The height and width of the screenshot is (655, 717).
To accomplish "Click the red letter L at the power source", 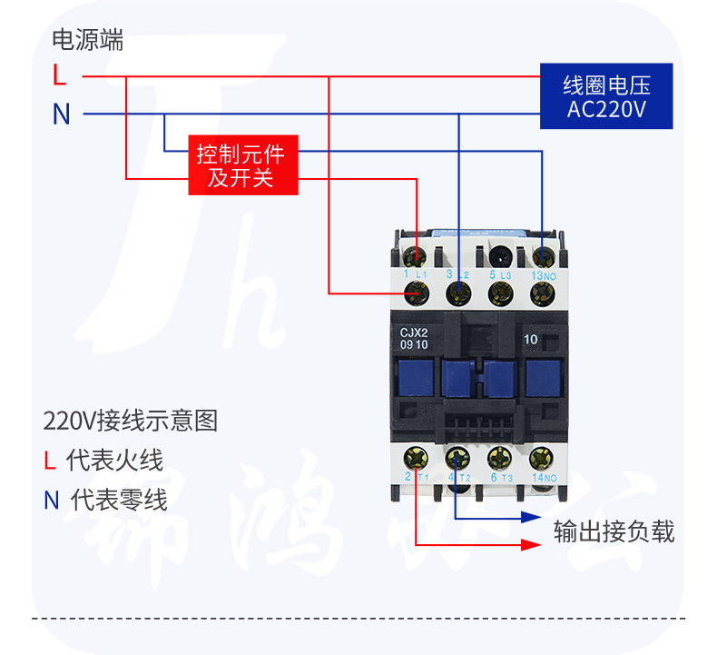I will (x=60, y=74).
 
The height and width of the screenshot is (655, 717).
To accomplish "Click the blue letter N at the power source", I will (x=61, y=114).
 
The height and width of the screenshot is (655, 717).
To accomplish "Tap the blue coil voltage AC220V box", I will (x=605, y=95).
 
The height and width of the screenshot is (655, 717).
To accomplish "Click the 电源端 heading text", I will (x=87, y=40).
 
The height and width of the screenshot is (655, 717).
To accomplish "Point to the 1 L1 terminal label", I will (x=415, y=273).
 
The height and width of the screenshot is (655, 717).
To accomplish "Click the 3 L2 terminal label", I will (x=458, y=273).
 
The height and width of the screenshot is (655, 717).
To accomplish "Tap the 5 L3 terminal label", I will (x=500, y=273).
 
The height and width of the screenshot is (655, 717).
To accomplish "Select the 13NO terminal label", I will (x=544, y=273).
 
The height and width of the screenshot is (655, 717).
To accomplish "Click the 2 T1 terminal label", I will (x=416, y=477).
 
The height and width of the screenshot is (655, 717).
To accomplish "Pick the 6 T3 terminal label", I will (x=502, y=477).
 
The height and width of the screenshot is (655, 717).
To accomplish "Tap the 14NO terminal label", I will (x=545, y=477).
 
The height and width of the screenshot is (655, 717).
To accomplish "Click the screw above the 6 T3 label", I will (x=497, y=457).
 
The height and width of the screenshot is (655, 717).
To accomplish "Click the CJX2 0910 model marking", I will (x=415, y=338).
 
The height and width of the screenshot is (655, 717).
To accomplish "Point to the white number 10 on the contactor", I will (x=532, y=339).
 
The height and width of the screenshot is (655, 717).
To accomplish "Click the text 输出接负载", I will (x=614, y=531).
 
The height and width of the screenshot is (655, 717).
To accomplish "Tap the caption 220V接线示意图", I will (x=131, y=422).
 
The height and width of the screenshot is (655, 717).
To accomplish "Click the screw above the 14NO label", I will (x=542, y=457).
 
